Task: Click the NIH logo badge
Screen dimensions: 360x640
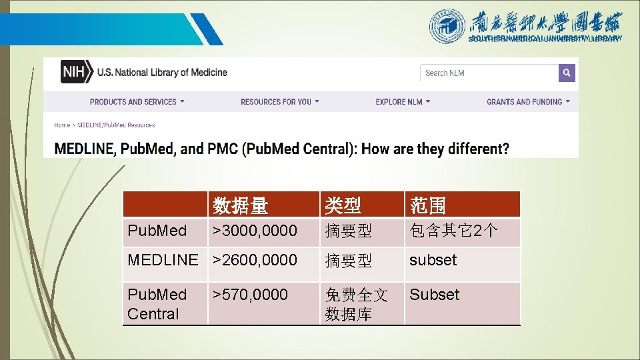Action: click(x=76, y=72)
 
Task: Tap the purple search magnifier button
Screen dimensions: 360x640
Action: click(x=567, y=73)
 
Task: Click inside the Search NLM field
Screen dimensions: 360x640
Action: click(x=488, y=73)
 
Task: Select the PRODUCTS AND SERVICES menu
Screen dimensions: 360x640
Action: click(x=137, y=102)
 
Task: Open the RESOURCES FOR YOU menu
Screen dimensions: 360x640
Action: click(x=279, y=102)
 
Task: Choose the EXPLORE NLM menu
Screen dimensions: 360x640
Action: click(x=403, y=102)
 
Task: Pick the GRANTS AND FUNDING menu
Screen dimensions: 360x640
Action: click(x=528, y=102)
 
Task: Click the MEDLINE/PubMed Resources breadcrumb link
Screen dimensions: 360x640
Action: click(x=116, y=125)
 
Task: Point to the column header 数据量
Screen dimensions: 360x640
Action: click(x=240, y=205)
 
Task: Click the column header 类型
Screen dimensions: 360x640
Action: click(x=342, y=205)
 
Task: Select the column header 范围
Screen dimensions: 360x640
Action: click(x=428, y=205)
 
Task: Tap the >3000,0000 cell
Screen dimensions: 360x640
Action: click(x=255, y=231)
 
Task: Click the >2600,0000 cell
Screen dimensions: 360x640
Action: click(x=255, y=260)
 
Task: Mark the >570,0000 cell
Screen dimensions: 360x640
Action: click(x=250, y=295)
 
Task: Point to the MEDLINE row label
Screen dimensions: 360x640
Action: click(x=163, y=260)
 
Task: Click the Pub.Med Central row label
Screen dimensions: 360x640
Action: click(x=157, y=304)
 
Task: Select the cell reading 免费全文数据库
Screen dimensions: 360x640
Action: click(x=356, y=304)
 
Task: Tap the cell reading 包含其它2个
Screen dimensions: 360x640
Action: click(x=453, y=231)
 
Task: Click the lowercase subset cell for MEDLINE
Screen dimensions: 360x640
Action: click(x=433, y=260)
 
